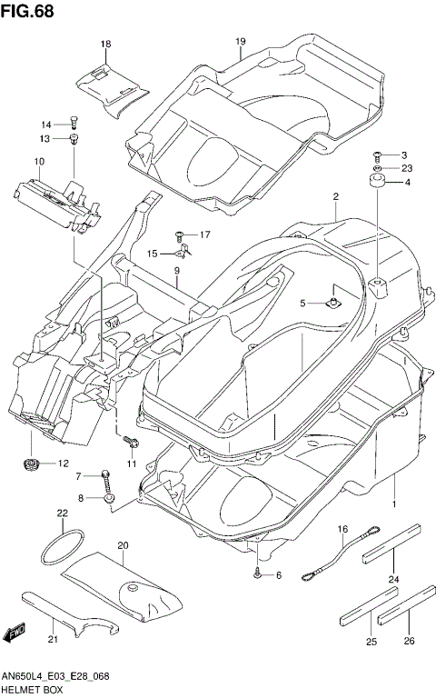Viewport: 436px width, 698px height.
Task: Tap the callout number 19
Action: pos(241,42)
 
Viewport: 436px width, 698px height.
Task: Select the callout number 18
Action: pos(105,44)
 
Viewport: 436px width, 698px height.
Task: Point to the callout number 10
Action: pos(39,162)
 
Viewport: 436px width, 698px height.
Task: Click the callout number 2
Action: pos(335,196)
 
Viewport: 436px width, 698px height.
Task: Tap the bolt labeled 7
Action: pos(107,476)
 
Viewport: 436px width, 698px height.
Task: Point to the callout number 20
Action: pos(123,545)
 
